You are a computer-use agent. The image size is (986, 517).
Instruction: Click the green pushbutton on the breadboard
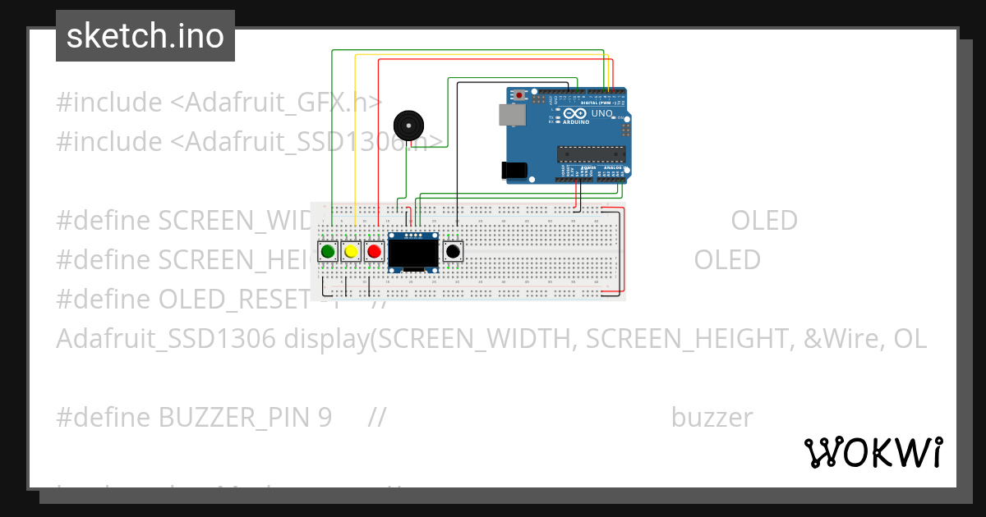pos(329,251)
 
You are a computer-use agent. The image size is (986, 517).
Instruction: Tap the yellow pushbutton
pos(352,251)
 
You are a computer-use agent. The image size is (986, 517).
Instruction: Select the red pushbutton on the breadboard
pos(375,251)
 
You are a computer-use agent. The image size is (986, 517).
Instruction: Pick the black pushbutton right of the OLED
pos(453,251)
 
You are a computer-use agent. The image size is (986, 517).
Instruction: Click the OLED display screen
pos(413,254)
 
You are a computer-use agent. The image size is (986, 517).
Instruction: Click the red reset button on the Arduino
pos(520,95)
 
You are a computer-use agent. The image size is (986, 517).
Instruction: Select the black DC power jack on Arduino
pos(514,170)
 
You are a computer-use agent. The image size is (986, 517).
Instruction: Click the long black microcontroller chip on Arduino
pos(591,153)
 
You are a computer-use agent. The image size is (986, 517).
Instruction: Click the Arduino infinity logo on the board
pos(575,113)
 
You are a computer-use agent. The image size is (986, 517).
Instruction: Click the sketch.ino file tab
pos(145,36)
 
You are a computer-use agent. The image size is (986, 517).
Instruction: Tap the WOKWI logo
pos(873,452)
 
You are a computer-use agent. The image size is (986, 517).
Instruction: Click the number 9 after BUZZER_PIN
pos(324,418)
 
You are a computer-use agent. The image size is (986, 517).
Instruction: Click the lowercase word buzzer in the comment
pos(712,418)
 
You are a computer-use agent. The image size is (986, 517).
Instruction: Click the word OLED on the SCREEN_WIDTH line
pos(764,221)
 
